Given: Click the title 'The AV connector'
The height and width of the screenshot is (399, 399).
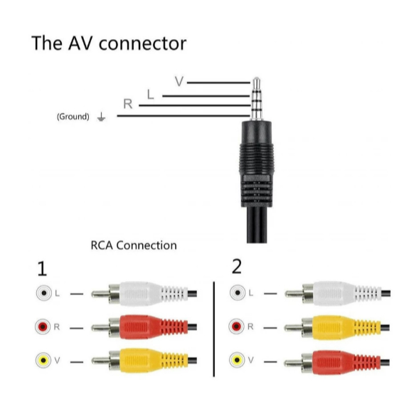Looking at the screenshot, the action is pyautogui.click(x=109, y=43).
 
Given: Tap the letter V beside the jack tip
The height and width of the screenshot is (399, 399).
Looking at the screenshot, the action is pyautogui.click(x=179, y=81).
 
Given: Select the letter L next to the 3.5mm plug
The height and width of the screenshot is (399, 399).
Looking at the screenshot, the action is pyautogui.click(x=150, y=95).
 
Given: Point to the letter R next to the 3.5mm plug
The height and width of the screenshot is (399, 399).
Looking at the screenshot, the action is pyautogui.click(x=128, y=104).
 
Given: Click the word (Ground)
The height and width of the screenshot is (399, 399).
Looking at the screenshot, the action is pyautogui.click(x=73, y=117).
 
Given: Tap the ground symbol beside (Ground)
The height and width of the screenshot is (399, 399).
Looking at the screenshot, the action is pyautogui.click(x=101, y=117).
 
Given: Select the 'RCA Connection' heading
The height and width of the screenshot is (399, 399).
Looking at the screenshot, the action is pyautogui.click(x=134, y=245).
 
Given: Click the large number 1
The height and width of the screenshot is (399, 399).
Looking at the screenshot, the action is pyautogui.click(x=42, y=268).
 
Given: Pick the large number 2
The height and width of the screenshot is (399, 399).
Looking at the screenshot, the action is pyautogui.click(x=237, y=267).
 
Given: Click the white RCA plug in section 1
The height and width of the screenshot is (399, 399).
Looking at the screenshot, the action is pyautogui.click(x=144, y=294).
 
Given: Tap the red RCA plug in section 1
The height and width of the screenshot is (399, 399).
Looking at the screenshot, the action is pyautogui.click(x=144, y=327).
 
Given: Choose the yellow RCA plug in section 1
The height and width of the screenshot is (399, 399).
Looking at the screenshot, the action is pyautogui.click(x=144, y=361).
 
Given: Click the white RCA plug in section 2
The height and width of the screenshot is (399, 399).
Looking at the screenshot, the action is pyautogui.click(x=337, y=294).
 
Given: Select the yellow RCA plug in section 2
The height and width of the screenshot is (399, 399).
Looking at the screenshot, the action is pyautogui.click(x=337, y=327).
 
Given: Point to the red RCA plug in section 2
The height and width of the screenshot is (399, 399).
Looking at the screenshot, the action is pyautogui.click(x=337, y=362).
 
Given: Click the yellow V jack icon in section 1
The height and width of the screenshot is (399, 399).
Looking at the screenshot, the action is pyautogui.click(x=43, y=361).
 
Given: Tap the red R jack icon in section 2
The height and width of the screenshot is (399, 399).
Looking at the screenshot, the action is pyautogui.click(x=236, y=326).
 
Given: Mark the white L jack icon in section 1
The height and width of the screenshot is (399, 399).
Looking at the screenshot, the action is pyautogui.click(x=44, y=293).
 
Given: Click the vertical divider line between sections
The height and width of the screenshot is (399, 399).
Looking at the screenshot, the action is pyautogui.click(x=214, y=329).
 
